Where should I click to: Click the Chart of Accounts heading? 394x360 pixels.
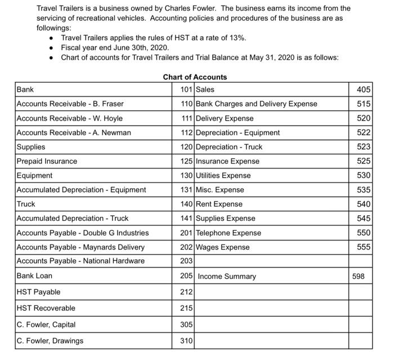point(195,77)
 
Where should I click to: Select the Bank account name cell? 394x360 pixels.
point(25,90)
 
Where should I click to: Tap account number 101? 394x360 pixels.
point(186,90)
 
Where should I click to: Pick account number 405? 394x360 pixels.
point(364,90)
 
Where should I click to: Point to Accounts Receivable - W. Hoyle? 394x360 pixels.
point(70,118)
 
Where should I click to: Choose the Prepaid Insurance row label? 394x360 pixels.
point(47,161)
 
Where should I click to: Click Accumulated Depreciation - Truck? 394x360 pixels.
point(73,219)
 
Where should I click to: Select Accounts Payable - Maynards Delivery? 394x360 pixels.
point(80,247)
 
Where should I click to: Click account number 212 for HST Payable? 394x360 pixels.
point(186,292)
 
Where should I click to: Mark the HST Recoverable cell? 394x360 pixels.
point(46,308)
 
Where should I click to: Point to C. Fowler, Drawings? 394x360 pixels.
point(50,341)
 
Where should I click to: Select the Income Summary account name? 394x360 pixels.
point(227,277)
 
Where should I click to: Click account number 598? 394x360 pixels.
point(358,277)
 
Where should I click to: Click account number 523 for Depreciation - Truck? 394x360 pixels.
point(364,147)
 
